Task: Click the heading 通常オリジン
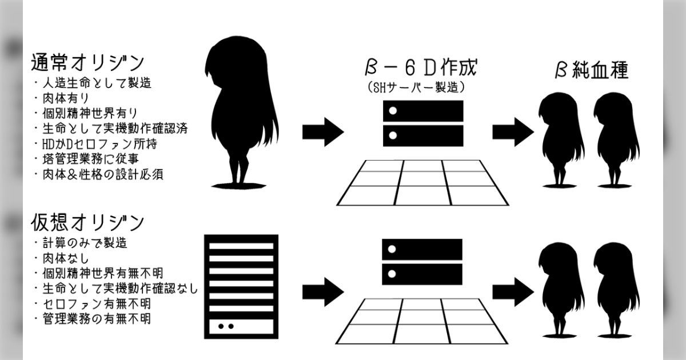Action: coord(87,62)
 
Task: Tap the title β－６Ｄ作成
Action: coord(421,68)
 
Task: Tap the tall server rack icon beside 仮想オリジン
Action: coord(241,285)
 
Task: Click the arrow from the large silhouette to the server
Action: coord(323,131)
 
